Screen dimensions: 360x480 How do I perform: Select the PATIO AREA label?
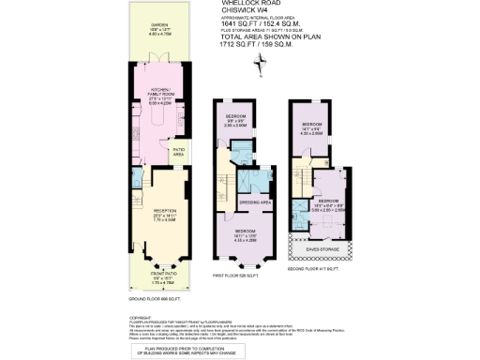click(x=177, y=151)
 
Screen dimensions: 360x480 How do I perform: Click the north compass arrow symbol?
click(x=259, y=62)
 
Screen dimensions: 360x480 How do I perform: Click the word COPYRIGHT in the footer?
click(x=141, y=318)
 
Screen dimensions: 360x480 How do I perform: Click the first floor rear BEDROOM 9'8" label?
click(x=234, y=116)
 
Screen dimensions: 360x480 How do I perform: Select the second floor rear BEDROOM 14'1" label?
click(x=312, y=127)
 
